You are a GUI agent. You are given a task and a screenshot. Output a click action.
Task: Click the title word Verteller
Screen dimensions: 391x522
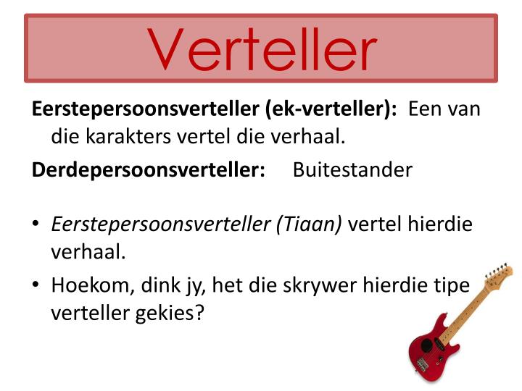tap(263, 49)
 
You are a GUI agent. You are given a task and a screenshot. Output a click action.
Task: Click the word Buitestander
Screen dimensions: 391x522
tap(352, 170)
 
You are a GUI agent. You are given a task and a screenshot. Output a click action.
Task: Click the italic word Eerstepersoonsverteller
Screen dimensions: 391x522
tap(160, 224)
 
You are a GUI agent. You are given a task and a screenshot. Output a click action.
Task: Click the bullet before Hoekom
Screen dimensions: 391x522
tap(36, 285)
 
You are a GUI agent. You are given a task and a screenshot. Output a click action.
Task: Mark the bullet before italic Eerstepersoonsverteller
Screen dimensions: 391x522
tap(36, 224)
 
